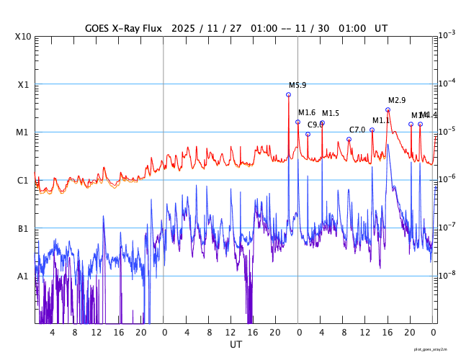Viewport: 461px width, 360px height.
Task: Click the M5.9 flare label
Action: pyautogui.click(x=297, y=85)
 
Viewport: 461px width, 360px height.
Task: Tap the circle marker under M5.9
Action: pyautogui.click(x=289, y=94)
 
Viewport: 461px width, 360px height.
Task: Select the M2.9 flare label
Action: pyautogui.click(x=397, y=100)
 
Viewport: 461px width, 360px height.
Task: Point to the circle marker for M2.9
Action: pyautogui.click(x=388, y=109)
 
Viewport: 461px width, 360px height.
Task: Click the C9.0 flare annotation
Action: pyautogui.click(x=315, y=125)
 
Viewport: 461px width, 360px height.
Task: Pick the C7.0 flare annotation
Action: pyautogui.click(x=357, y=130)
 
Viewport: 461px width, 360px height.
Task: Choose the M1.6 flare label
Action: pyautogui.click(x=307, y=112)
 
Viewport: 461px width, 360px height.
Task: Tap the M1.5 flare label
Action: pyautogui.click(x=330, y=113)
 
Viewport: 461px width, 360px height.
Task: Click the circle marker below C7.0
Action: pyautogui.click(x=349, y=139)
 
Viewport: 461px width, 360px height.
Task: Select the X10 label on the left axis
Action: pyautogui.click(x=23, y=36)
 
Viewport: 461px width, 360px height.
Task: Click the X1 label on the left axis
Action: pyautogui.click(x=23, y=84)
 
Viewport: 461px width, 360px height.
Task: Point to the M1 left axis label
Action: pyautogui.click(x=23, y=132)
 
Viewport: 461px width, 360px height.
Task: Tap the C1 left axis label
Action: pyautogui.click(x=23, y=180)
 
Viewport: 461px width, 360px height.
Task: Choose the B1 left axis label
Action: pyautogui.click(x=23, y=228)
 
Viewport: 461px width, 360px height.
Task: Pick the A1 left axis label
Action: pyautogui.click(x=23, y=276)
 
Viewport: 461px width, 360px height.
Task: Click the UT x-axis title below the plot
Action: pyautogui.click(x=236, y=345)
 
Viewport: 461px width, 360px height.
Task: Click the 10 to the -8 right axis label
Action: pyautogui.click(x=447, y=274)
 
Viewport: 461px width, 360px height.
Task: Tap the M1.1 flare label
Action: pyautogui.click(x=381, y=120)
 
